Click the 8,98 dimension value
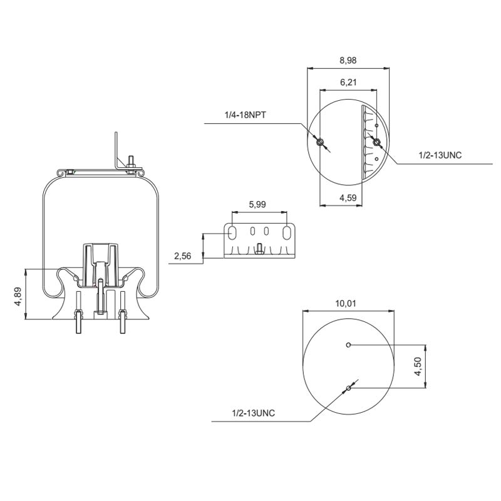tap(348, 61)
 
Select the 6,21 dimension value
tap(348, 82)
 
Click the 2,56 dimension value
tap(183, 256)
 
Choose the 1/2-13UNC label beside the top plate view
tap(440, 154)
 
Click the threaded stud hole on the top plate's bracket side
tap(376, 143)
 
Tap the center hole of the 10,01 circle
tap(348, 344)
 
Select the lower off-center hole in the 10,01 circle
tap(348, 390)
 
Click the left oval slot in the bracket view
tap(232, 233)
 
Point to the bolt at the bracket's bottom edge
tap(259, 253)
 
